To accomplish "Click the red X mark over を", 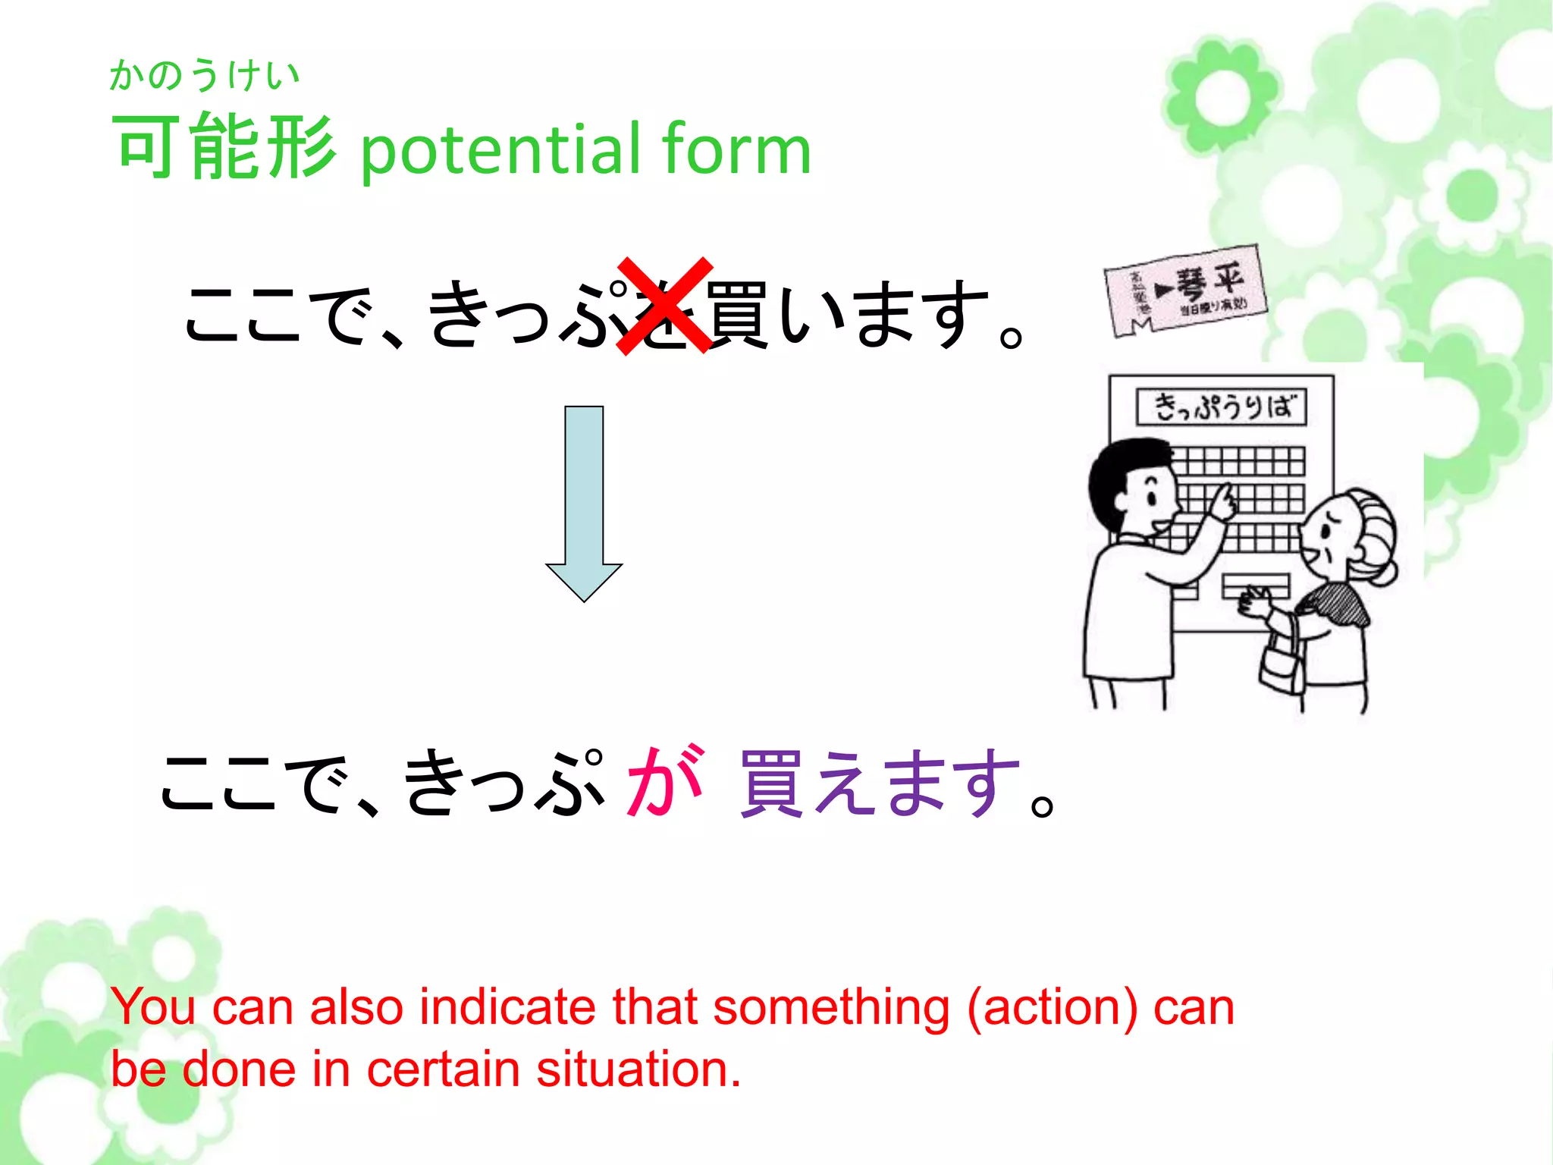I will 665,306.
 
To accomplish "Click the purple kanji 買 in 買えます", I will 771,784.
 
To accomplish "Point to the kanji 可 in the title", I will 146,146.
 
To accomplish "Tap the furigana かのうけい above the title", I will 204,76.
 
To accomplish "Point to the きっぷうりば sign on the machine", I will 1221,407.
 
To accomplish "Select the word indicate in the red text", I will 507,1007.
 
